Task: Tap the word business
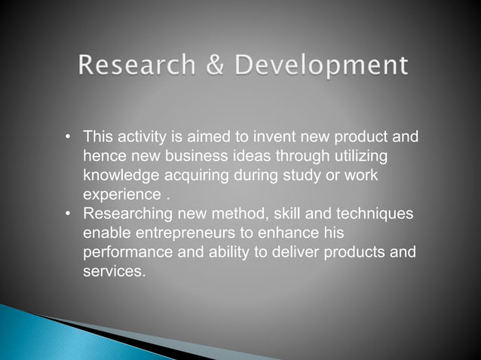[181, 157]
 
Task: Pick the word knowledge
[120, 175]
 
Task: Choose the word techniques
[374, 215]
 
